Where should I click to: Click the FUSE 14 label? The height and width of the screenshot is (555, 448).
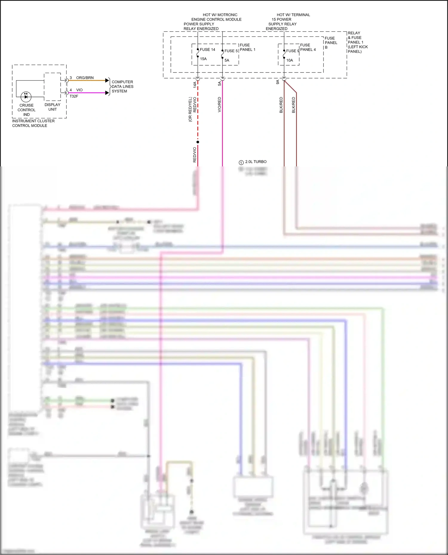(x=207, y=50)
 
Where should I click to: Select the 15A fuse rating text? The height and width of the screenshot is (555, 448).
(x=203, y=59)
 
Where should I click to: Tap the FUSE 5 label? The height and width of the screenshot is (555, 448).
(x=231, y=51)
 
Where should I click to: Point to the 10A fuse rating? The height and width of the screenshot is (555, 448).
(x=290, y=60)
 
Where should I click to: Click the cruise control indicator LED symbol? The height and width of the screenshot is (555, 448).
(x=26, y=97)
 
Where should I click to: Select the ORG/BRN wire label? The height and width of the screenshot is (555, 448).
(x=85, y=78)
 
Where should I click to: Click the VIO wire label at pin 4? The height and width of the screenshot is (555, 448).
(x=79, y=90)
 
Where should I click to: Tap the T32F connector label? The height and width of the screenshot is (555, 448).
(x=74, y=96)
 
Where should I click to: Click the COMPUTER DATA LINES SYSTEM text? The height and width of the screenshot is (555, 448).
(x=122, y=86)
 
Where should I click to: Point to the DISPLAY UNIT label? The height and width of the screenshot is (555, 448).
(x=52, y=107)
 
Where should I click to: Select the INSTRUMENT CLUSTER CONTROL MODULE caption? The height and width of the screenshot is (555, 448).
(x=33, y=123)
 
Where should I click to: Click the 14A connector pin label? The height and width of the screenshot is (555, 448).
(x=195, y=84)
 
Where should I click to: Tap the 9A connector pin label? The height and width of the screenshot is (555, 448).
(x=277, y=82)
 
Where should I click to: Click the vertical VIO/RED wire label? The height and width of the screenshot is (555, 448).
(x=220, y=105)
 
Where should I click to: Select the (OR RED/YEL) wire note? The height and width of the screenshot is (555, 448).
(x=190, y=109)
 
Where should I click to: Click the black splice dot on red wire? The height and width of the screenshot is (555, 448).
(x=198, y=142)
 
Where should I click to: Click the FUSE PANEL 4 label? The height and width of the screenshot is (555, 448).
(x=308, y=47)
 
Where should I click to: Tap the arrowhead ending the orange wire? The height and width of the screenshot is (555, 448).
(x=107, y=81)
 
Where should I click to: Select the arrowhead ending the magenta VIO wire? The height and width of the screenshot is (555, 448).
(x=107, y=93)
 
